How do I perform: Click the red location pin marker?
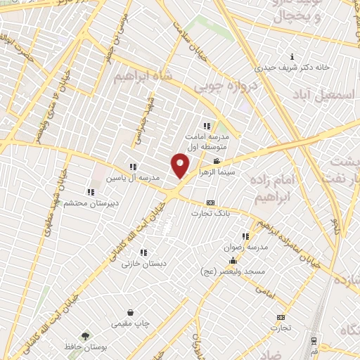[x=180, y=166]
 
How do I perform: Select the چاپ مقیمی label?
[x=130, y=324]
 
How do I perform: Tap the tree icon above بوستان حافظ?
[x=85, y=337]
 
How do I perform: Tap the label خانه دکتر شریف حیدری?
[x=292, y=68]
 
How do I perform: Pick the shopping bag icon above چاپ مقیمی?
[x=130, y=312]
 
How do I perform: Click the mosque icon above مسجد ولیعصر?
[x=233, y=262]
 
